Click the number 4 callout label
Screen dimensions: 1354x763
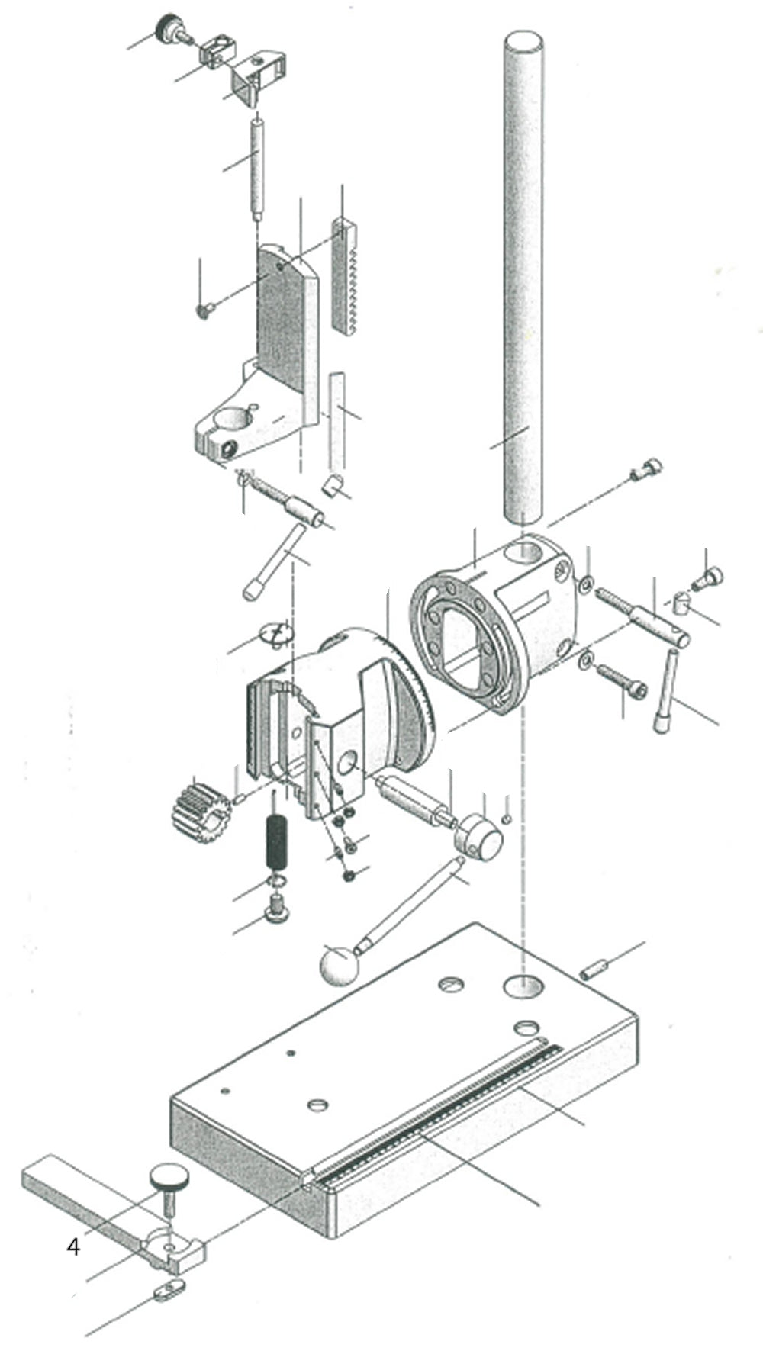click(73, 1247)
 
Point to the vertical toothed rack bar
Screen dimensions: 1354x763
click(345, 275)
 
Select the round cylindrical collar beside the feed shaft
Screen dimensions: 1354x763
click(479, 836)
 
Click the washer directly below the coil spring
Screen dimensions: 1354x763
click(277, 883)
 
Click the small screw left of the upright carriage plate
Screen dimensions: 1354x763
click(204, 310)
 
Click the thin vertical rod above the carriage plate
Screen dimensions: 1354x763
click(258, 164)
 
